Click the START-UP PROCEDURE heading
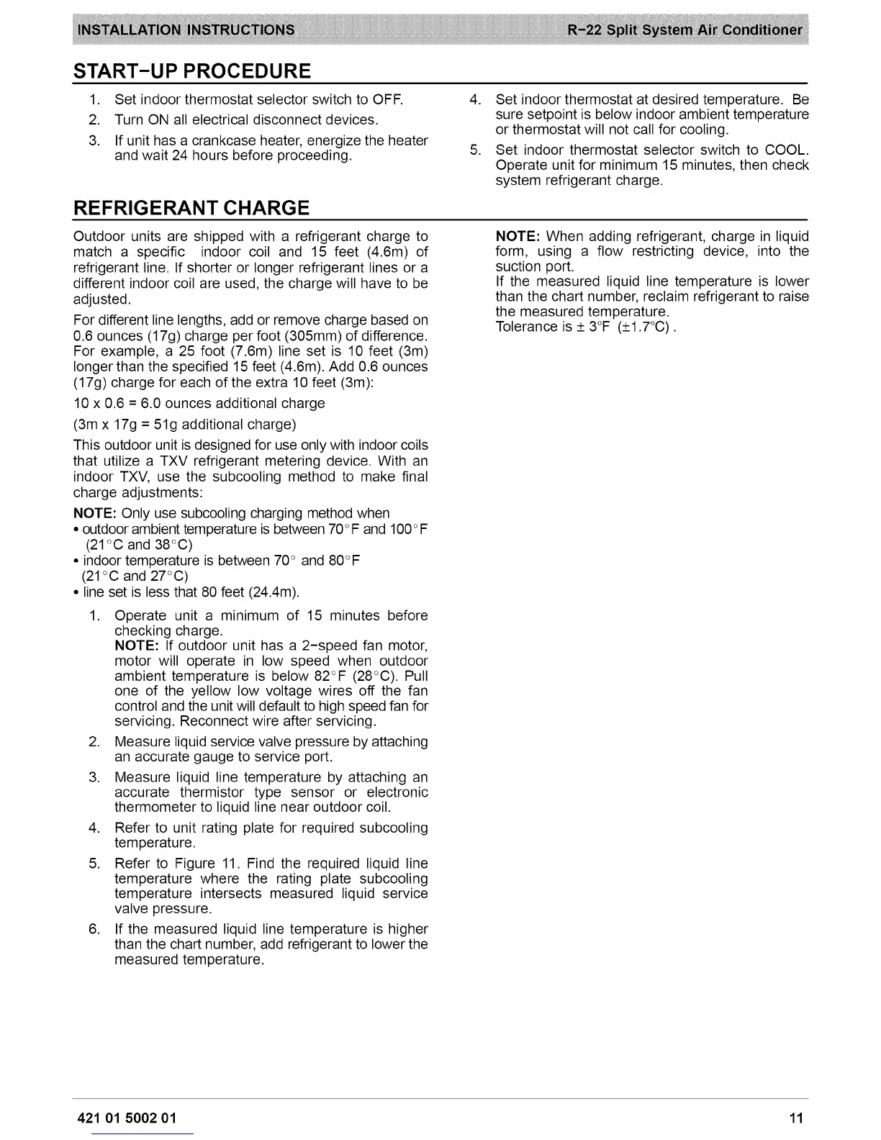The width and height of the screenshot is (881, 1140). [x=192, y=71]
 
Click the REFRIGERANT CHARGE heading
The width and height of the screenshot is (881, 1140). [x=191, y=208]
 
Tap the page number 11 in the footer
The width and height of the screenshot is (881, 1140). [x=795, y=1118]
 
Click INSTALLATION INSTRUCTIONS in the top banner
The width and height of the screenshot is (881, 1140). [x=186, y=30]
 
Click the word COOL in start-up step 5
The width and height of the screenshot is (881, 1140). [x=786, y=150]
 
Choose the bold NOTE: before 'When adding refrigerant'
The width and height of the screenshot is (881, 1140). [x=518, y=236]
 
